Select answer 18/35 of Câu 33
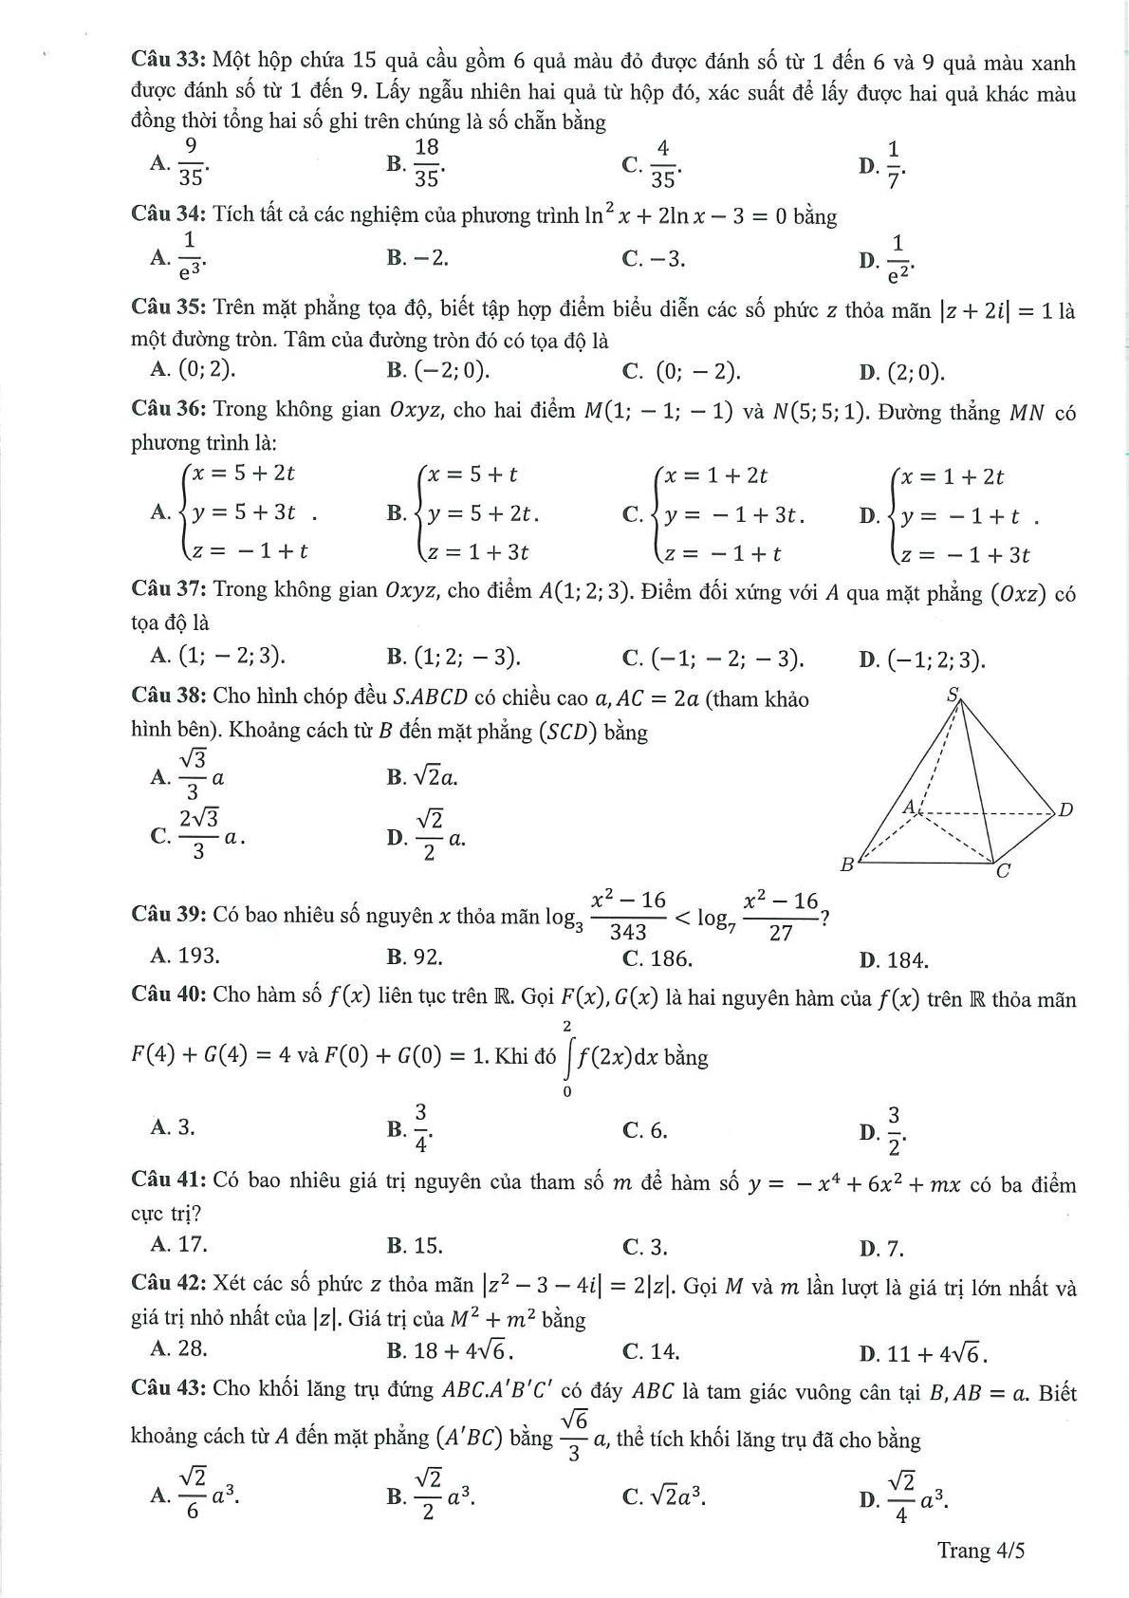pos(426,162)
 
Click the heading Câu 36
pos(168,410)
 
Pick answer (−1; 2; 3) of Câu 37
pos(935,660)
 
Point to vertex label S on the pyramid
pos(953,694)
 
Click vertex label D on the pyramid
pos(1065,809)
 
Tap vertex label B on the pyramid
pos(847,864)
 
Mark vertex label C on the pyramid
pos(1003,870)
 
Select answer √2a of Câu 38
pos(435,777)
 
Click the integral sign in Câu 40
pos(568,1057)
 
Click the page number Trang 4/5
pos(981,1551)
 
